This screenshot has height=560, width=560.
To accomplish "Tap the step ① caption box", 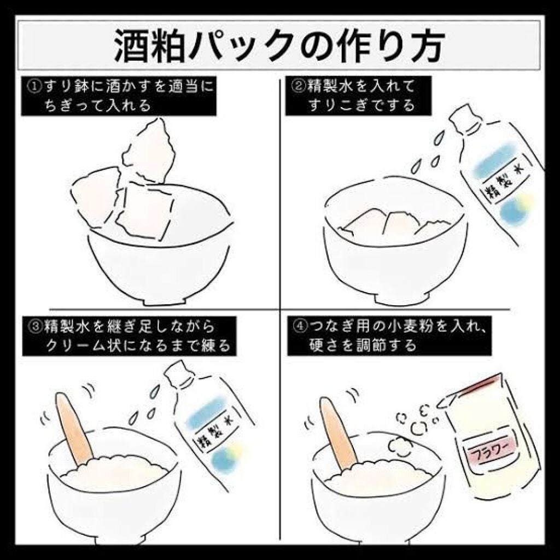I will (115, 96).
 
